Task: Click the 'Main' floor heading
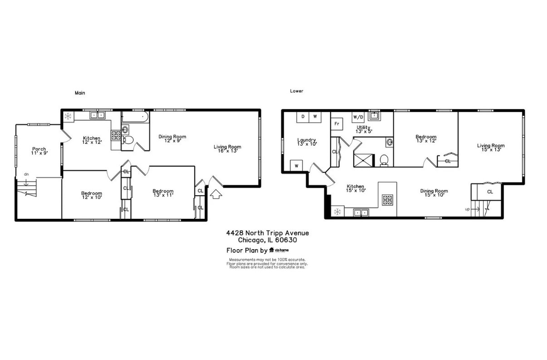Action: (x=80, y=93)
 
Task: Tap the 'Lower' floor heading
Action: (x=297, y=91)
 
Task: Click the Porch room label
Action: (x=39, y=151)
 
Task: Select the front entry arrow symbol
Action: (x=216, y=194)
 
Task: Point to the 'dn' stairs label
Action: (x=26, y=174)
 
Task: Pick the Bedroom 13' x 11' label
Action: (x=163, y=193)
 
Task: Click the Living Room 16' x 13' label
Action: (x=228, y=148)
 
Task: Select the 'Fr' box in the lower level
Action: (x=337, y=123)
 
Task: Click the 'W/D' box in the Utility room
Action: (x=358, y=117)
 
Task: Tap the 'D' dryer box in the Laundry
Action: (x=303, y=117)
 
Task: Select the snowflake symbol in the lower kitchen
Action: (x=337, y=212)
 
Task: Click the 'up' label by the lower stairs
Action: (x=467, y=209)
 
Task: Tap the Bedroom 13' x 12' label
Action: (x=425, y=139)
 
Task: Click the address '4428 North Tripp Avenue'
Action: (x=268, y=233)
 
